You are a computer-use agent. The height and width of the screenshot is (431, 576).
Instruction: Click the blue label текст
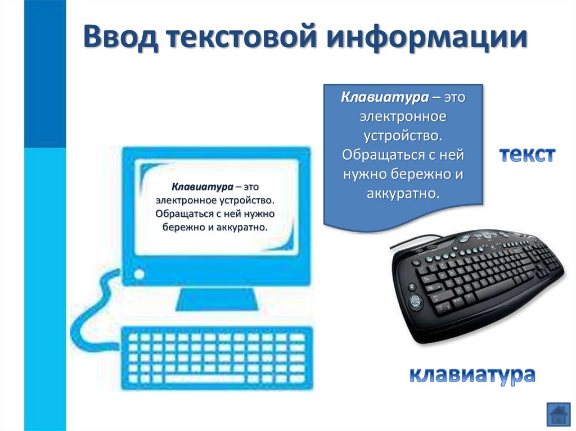(x=528, y=155)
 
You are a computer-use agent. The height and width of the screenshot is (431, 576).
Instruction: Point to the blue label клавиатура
(x=471, y=374)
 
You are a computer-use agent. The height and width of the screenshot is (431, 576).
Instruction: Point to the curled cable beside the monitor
(x=93, y=306)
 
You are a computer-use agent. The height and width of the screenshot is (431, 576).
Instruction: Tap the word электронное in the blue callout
(x=403, y=117)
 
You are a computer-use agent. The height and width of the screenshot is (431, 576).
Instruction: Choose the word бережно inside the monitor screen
(x=184, y=228)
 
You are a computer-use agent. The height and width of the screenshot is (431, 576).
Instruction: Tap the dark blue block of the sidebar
(x=44, y=73)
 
